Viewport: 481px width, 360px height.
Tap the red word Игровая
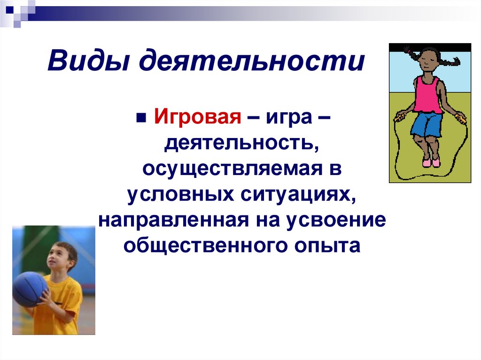click(197, 117)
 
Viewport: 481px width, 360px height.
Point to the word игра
click(289, 118)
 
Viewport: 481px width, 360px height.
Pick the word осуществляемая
click(233, 169)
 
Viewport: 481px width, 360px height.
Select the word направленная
click(174, 220)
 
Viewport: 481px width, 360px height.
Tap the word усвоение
click(336, 220)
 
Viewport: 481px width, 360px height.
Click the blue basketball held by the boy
click(30, 289)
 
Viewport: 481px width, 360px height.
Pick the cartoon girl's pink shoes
click(431, 162)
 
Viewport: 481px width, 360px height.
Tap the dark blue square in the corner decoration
click(10, 10)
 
